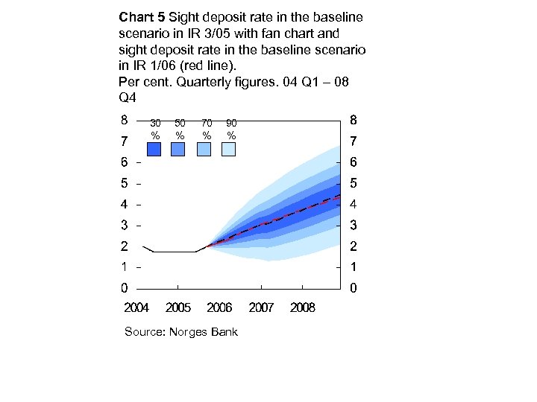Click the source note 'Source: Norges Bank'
click(x=181, y=331)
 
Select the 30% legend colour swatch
click(x=154, y=150)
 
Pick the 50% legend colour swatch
click(x=178, y=150)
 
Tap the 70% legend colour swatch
click(x=204, y=150)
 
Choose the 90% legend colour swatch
click(x=228, y=150)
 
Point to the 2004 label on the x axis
click(x=136, y=307)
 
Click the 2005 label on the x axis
click(x=178, y=307)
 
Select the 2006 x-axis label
click(x=220, y=307)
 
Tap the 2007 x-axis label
click(x=262, y=307)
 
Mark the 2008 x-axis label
click(x=303, y=307)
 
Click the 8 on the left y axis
click(x=124, y=119)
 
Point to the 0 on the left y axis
click(x=124, y=287)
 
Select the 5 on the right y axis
click(x=354, y=182)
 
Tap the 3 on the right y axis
click(x=354, y=225)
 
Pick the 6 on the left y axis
click(x=124, y=162)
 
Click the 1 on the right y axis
click(x=354, y=267)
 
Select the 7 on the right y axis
click(x=354, y=141)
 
